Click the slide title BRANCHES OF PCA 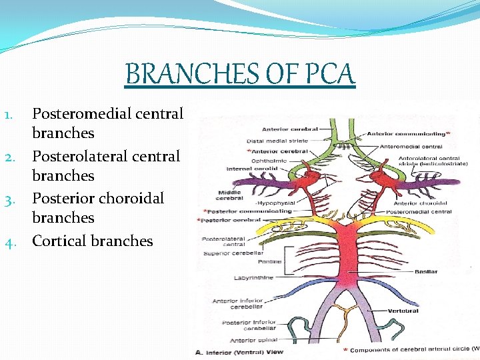pos(240,73)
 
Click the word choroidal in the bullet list pos(131,198)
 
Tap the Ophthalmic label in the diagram pos(270,160)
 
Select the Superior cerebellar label pos(234,253)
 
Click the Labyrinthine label pos(253,277)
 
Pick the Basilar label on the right pos(426,272)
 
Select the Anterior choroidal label pos(423,203)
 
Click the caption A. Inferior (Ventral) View pos(239,352)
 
